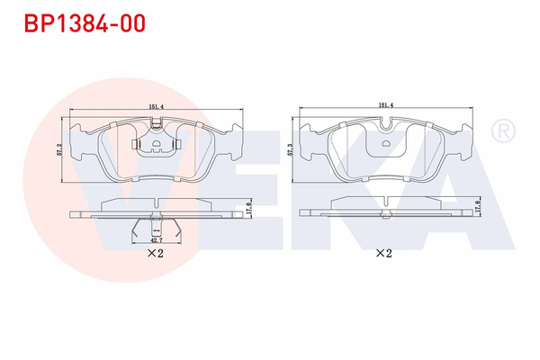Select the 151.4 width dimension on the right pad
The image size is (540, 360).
tap(387, 105)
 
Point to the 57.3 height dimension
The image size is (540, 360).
tap(289, 149)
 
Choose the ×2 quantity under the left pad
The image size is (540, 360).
tap(155, 255)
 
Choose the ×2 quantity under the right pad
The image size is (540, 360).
tap(384, 253)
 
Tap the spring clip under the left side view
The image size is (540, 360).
tap(157, 229)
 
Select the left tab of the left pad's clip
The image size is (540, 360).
tap(136, 143)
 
